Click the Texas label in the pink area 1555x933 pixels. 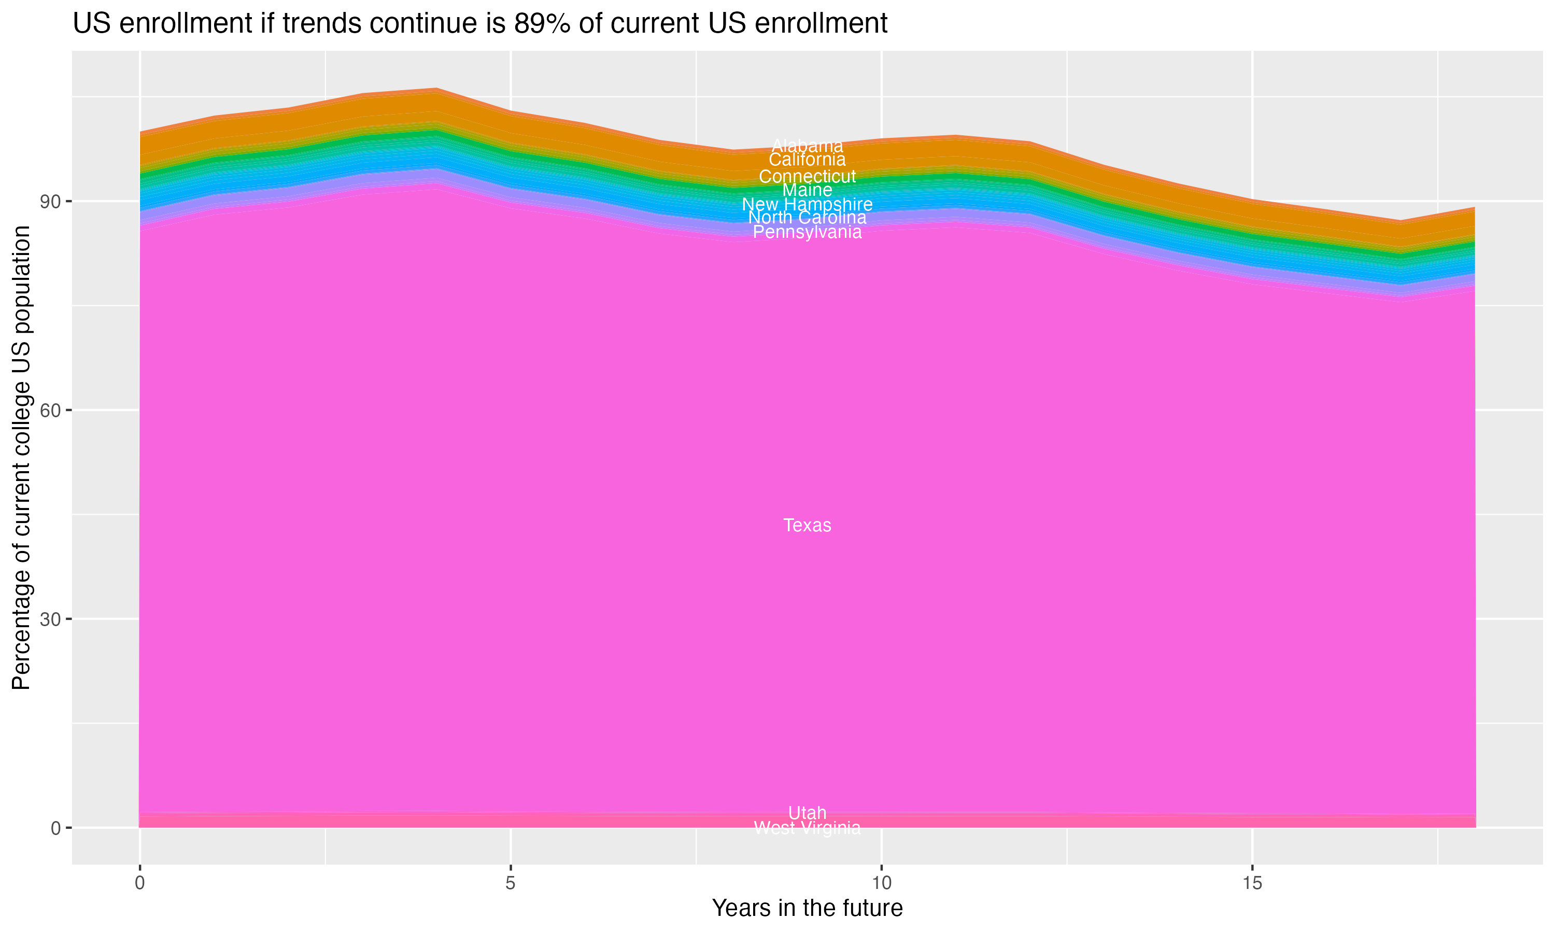click(807, 526)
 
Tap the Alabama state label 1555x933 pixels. click(807, 146)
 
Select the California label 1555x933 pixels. click(807, 160)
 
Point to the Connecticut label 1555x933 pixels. click(807, 177)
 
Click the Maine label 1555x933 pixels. click(807, 190)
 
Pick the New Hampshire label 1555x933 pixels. click(807, 204)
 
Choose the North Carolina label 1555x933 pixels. click(807, 218)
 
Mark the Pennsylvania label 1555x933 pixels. click(807, 233)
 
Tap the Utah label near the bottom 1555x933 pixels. click(807, 813)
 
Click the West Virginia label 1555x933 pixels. click(807, 828)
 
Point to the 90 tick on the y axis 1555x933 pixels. click(51, 202)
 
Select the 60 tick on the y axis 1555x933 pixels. click(51, 411)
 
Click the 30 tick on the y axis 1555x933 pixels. click(51, 619)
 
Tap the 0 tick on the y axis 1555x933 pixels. click(56, 828)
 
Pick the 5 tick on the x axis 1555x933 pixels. click(511, 883)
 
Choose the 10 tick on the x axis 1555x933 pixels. click(881, 883)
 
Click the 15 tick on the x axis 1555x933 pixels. click(1252, 883)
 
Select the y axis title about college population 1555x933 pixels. click(21, 458)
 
